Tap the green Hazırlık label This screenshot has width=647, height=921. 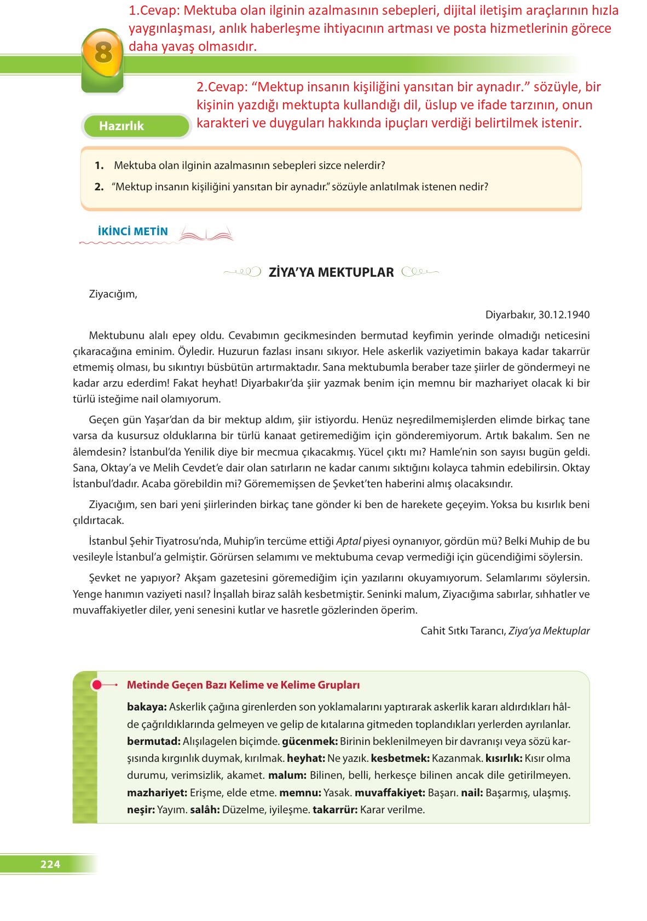[x=121, y=126]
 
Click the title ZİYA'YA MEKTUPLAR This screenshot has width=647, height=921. [x=331, y=272]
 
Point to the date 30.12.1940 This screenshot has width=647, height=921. [x=564, y=314]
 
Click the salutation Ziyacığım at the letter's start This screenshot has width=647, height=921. [x=113, y=294]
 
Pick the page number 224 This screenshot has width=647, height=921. [x=50, y=864]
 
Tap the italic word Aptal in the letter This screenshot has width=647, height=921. [x=348, y=541]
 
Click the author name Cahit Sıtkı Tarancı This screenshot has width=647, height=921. [x=463, y=631]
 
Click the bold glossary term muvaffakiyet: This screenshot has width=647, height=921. [x=390, y=792]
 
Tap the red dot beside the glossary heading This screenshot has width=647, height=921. [x=97, y=685]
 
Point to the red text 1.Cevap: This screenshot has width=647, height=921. [x=154, y=10]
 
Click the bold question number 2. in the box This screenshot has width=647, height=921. [x=99, y=186]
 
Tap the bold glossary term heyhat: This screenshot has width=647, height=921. [x=306, y=759]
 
